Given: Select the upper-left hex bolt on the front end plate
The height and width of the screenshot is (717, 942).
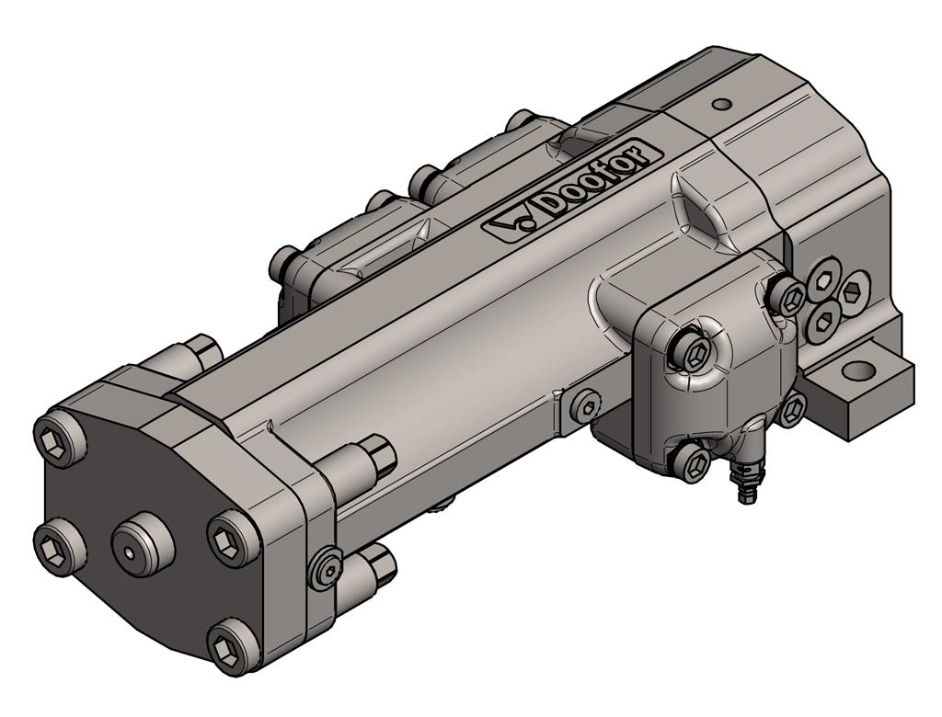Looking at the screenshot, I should tap(55, 439).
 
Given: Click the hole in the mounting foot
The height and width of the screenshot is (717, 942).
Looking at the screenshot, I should tap(860, 370).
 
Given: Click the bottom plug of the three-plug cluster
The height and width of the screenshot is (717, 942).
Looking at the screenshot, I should tap(822, 322).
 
